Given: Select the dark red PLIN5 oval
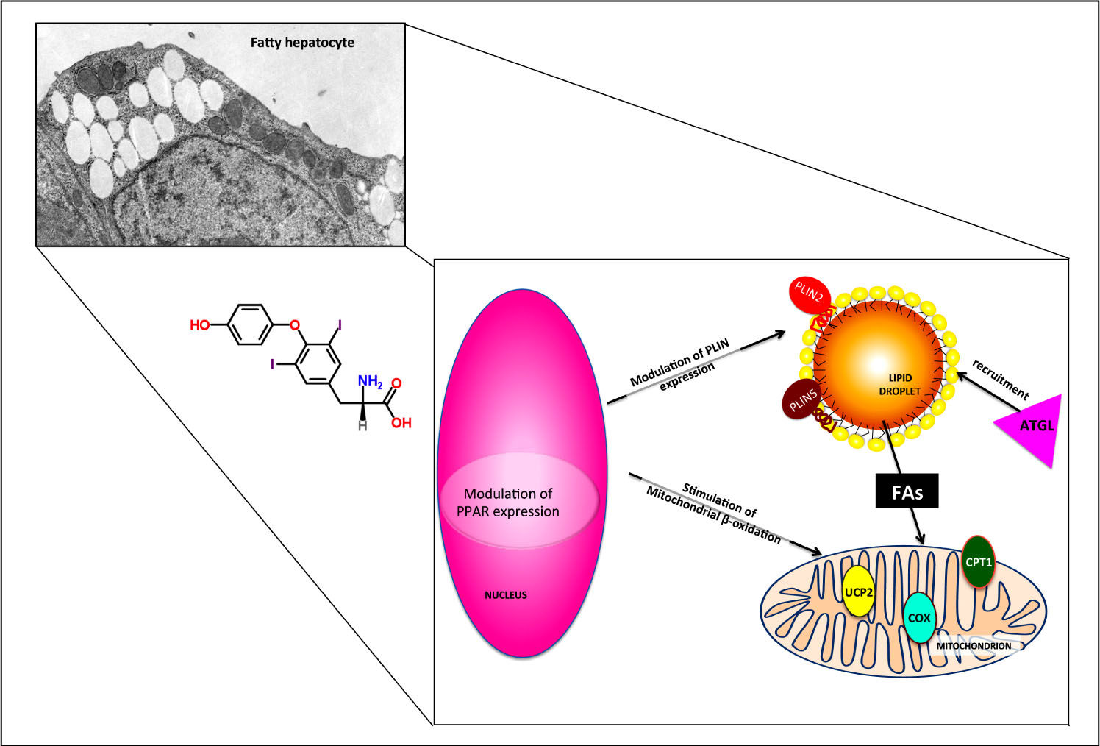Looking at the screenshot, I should (x=803, y=400).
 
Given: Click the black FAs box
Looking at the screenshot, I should (x=907, y=491).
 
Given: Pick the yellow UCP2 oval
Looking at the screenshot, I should (x=858, y=592).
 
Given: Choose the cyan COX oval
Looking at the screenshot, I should (x=919, y=618).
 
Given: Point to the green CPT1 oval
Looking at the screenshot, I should (x=979, y=562).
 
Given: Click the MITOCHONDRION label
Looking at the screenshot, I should (x=974, y=646).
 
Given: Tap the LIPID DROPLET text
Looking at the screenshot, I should (x=899, y=385).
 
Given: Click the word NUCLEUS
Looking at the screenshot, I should (x=506, y=594).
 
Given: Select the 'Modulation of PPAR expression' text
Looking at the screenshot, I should (x=508, y=502).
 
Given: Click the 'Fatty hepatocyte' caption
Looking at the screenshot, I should (x=302, y=43).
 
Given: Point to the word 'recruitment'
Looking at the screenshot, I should (x=1000, y=379).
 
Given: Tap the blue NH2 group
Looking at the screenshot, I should (x=370, y=381).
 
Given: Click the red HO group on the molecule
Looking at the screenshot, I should (x=199, y=324).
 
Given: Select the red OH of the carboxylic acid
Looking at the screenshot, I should (x=401, y=422).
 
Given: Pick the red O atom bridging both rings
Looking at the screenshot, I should (x=295, y=324).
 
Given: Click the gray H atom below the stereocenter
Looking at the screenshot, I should (x=362, y=425).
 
